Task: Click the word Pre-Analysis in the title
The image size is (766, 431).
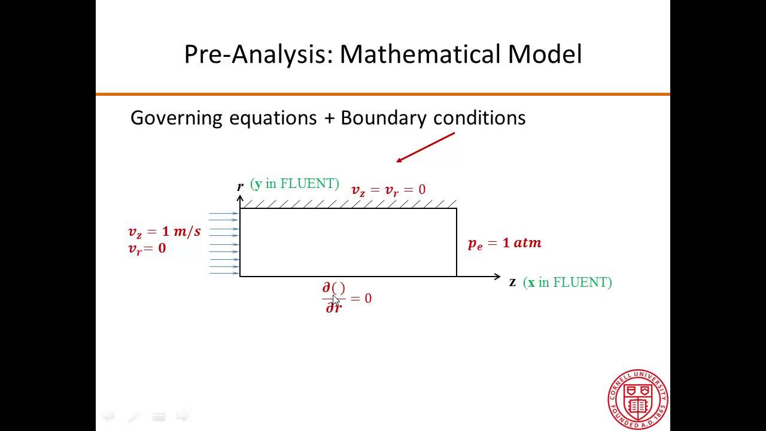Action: tap(258, 54)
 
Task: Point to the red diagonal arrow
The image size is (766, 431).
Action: tap(425, 147)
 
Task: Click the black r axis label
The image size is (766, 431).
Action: tap(240, 186)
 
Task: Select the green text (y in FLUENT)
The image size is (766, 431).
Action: tap(294, 184)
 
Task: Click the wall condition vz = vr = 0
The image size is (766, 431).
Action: tap(388, 190)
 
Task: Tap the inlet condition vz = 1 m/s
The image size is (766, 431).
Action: tap(164, 232)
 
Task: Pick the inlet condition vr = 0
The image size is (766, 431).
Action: tap(147, 248)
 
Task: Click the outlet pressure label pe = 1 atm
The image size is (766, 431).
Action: tap(504, 243)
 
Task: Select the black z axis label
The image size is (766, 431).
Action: tap(512, 282)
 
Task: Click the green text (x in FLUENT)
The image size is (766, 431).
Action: tap(567, 283)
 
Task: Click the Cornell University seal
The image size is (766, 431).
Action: tap(638, 399)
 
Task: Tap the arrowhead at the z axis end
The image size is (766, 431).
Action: tap(497, 277)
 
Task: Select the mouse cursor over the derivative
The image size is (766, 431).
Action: tap(336, 301)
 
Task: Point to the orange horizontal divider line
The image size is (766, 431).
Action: tap(383, 94)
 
